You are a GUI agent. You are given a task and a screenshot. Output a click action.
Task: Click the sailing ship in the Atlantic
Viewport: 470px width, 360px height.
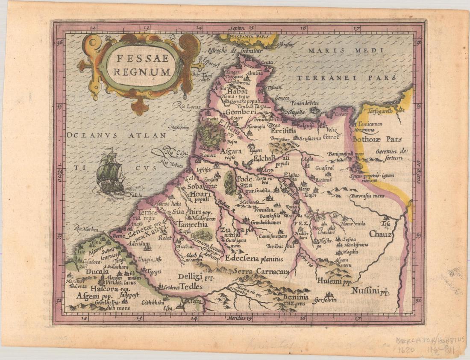[x=110, y=174]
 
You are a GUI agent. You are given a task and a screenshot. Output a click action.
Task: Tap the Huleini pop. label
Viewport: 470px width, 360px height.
[x=334, y=281]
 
